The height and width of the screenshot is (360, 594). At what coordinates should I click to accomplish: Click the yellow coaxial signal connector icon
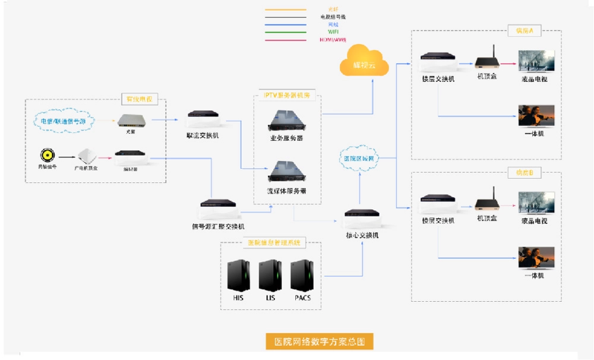point(47,156)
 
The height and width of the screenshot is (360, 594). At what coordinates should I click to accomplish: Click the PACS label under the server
point(301,298)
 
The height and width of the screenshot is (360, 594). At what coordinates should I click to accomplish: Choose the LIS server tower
point(270,276)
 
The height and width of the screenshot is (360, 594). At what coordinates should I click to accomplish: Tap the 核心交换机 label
point(362,235)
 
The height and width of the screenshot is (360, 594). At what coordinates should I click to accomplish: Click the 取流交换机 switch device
point(205,118)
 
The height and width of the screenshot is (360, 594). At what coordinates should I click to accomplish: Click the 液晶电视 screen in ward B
point(536,203)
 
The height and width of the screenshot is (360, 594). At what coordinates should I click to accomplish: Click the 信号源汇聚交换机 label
point(217,226)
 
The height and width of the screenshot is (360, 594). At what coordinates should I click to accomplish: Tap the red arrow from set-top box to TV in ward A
point(508,61)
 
